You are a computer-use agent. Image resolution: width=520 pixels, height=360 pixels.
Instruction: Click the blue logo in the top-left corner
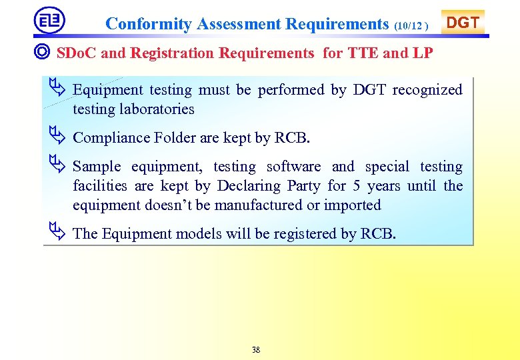[x=49, y=21]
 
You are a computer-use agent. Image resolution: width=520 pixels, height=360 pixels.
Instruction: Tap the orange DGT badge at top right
[x=463, y=23]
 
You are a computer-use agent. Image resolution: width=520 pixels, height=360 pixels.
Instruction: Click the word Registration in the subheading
[x=173, y=53]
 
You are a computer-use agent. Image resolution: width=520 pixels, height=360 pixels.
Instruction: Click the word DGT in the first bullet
[x=370, y=90]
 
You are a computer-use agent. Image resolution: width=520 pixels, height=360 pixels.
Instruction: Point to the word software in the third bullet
[x=293, y=167]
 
